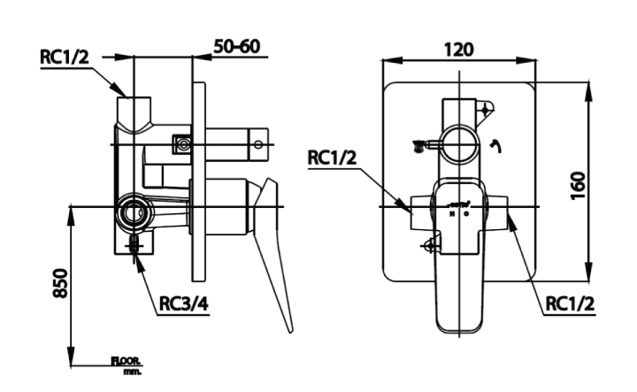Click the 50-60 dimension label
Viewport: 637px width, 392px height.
(237, 47)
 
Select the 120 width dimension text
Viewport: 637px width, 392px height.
(458, 49)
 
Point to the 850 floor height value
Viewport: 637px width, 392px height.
(59, 282)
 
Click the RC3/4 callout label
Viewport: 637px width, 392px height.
(184, 304)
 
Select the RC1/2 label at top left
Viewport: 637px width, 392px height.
(65, 56)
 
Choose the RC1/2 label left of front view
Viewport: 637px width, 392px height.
(333, 158)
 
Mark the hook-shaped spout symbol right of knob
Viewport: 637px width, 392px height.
(495, 145)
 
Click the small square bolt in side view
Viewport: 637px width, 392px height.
(183, 143)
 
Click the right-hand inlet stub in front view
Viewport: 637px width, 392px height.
(502, 213)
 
